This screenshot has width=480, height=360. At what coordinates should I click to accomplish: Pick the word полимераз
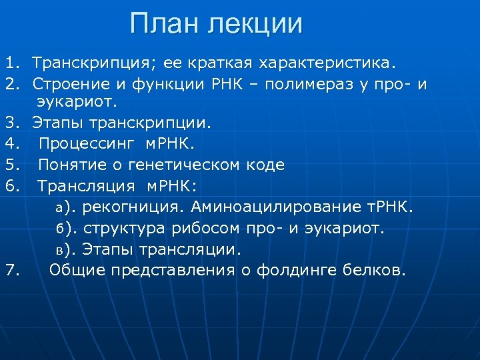(285, 85)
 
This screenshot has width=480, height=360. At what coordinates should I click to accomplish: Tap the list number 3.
(11, 123)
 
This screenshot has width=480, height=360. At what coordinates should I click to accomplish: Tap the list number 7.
(11, 271)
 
